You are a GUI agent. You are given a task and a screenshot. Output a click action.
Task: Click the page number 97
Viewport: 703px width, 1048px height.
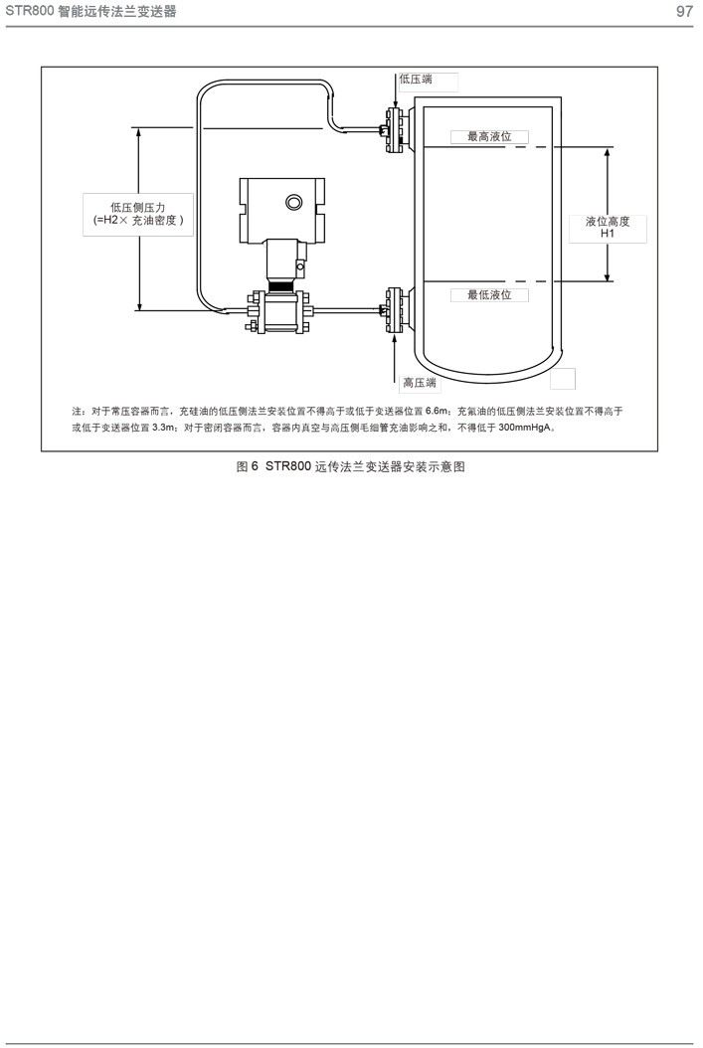[x=684, y=12]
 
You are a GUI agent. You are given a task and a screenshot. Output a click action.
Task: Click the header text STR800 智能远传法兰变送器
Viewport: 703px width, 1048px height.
[x=85, y=12]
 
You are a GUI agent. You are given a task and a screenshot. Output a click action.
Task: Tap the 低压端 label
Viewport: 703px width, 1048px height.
[x=415, y=79]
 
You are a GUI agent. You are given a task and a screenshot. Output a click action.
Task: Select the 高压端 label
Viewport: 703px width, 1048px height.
[x=420, y=383]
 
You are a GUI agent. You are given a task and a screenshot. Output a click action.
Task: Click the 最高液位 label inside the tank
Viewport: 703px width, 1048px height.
[x=489, y=136]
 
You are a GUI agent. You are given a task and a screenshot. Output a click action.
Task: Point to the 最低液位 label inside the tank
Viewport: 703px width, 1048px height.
[x=489, y=295]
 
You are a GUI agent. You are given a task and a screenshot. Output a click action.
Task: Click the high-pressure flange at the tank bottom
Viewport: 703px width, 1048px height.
[x=393, y=310]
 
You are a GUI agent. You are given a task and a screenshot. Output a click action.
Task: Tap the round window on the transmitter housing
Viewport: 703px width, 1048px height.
[x=294, y=203]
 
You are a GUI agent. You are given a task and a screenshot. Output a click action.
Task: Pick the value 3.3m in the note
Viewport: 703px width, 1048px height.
[x=164, y=428]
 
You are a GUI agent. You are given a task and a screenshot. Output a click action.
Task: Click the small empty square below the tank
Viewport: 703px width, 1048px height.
[x=563, y=378]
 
